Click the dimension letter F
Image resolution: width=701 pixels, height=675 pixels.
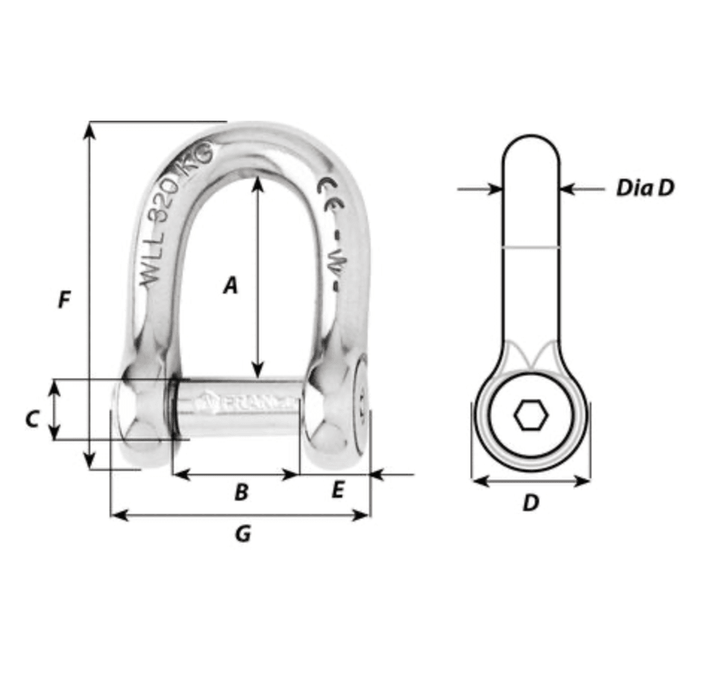click(x=65, y=300)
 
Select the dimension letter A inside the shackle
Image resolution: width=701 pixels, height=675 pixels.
click(x=231, y=285)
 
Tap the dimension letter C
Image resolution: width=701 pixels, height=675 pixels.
click(x=31, y=420)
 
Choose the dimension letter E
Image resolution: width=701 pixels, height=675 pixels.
click(x=337, y=490)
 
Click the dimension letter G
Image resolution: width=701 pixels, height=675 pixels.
click(x=242, y=533)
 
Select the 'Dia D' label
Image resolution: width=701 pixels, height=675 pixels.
click(x=644, y=188)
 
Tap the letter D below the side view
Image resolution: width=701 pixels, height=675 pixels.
click(x=529, y=504)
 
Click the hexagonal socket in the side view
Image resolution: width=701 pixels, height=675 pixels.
click(x=530, y=417)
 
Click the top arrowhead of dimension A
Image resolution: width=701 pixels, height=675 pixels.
click(x=257, y=183)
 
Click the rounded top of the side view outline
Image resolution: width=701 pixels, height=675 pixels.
click(x=530, y=137)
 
